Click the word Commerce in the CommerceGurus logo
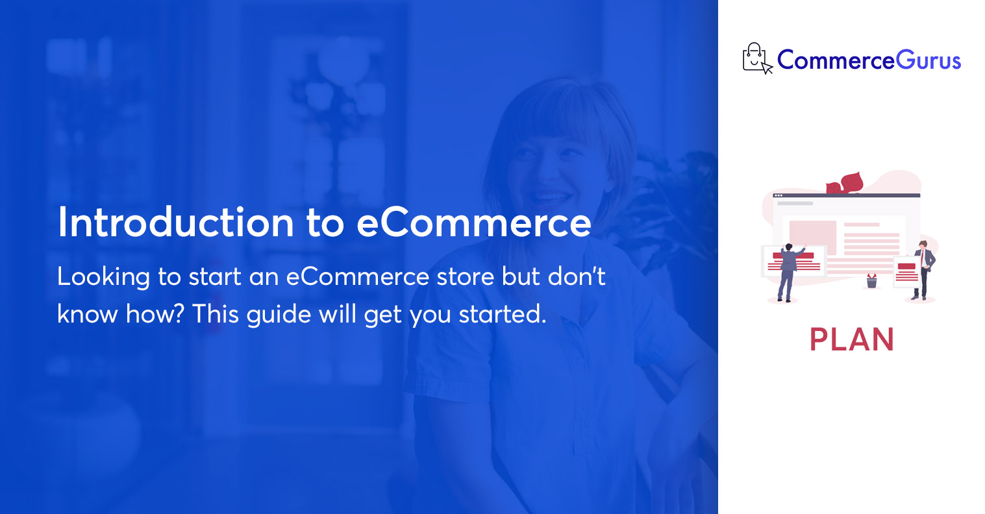click(836, 60)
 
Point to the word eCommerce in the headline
click(474, 223)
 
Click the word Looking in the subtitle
click(103, 278)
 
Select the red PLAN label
click(851, 339)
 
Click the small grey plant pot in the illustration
click(871, 281)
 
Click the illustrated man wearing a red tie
click(922, 270)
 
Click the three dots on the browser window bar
click(778, 195)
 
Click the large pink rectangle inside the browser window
click(812, 238)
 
